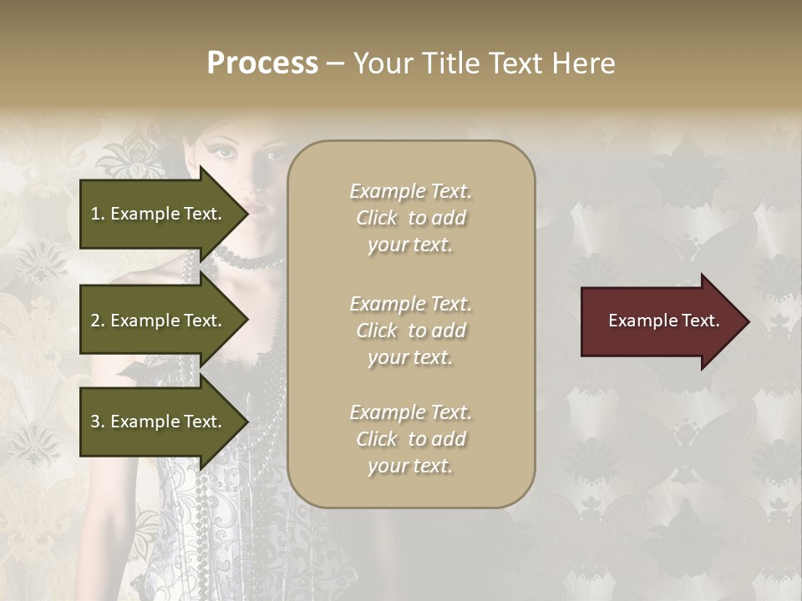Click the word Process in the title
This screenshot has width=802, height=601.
262,63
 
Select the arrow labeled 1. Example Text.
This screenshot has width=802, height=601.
159,214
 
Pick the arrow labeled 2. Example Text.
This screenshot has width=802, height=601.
159,321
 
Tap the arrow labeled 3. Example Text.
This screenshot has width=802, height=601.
159,422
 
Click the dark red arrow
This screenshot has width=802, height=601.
660,321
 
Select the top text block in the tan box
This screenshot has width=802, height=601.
411,218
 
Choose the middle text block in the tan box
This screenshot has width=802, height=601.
411,331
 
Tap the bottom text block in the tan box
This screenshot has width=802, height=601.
411,439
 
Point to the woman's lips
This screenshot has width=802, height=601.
256,207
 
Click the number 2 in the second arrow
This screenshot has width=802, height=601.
94,321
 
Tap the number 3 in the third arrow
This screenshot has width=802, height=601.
94,422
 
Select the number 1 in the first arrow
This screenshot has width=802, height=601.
94,214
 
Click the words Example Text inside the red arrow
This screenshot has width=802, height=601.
664,321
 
